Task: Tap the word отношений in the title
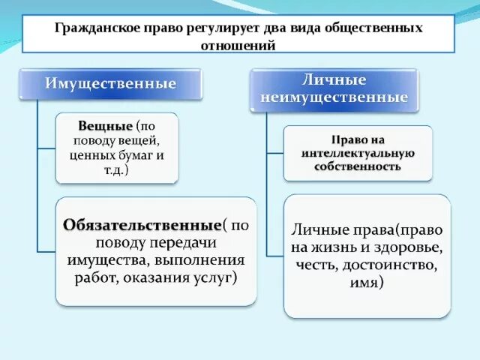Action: pos(239,44)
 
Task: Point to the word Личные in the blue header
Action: pos(333,79)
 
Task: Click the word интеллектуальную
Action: pos(358,152)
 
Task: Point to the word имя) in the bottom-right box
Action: pos(366,283)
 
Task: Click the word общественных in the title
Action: pos(368,28)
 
